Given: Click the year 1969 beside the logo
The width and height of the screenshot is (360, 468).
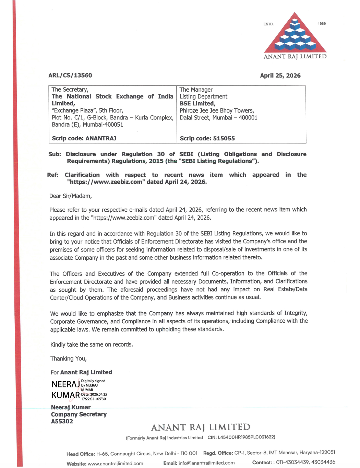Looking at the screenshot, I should pyautogui.click(x=322, y=24).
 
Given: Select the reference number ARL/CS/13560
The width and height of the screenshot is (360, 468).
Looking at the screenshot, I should pyautogui.click(x=70, y=75).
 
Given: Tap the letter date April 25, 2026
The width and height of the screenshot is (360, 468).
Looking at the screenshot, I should pyautogui.click(x=280, y=75).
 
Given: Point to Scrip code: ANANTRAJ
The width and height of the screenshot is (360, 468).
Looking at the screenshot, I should pyautogui.click(x=84, y=138).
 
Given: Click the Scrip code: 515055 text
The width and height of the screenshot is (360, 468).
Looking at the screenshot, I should pyautogui.click(x=207, y=138).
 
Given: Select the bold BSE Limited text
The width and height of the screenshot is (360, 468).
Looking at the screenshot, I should pyautogui.click(x=197, y=103).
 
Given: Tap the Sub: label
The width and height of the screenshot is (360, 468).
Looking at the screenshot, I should pyautogui.click(x=55, y=154).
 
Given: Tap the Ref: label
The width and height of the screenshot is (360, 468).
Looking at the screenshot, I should pyautogui.click(x=52, y=175).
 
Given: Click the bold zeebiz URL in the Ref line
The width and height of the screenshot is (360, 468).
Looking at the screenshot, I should pyautogui.click(x=106, y=182).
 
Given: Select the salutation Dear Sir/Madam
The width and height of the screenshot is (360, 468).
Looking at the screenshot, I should pyautogui.click(x=70, y=196).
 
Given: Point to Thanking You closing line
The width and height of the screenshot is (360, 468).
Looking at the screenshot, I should pyautogui.click(x=68, y=359).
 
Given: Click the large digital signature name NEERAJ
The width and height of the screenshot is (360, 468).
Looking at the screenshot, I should pyautogui.click(x=65, y=384).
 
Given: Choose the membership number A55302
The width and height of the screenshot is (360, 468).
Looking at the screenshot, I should pyautogui.click(x=62, y=421).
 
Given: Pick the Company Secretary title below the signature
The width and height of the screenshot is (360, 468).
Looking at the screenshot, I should pyautogui.click(x=79, y=414).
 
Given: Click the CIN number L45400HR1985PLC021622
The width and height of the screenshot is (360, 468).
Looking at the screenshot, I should pyautogui.click(x=246, y=437).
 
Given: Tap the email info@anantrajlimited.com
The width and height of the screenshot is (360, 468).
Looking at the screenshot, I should pyautogui.click(x=206, y=463).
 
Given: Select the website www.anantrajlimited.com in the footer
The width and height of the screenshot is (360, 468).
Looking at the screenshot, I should pyautogui.click(x=115, y=464).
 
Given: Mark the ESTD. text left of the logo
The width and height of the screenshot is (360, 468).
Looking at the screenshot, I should pyautogui.click(x=268, y=24).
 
